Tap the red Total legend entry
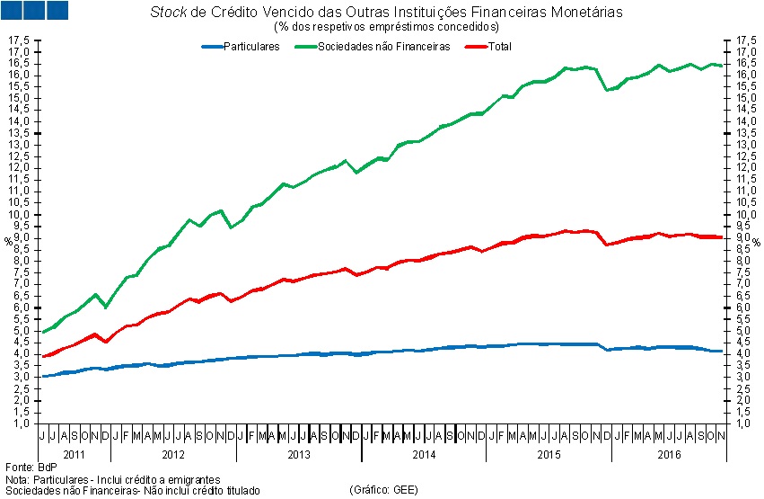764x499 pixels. click(x=498, y=47)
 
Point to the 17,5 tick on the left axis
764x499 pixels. click(x=20, y=40)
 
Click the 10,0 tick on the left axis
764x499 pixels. click(x=20, y=214)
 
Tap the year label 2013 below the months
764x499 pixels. click(x=299, y=455)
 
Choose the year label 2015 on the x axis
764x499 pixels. click(x=549, y=455)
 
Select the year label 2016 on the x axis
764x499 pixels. click(x=669, y=455)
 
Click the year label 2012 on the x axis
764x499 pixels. click(x=173, y=455)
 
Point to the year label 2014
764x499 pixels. click(x=424, y=455)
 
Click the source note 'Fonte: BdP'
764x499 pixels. click(x=31, y=468)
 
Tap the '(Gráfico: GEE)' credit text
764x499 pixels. click(x=384, y=491)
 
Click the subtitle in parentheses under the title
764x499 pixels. click(x=386, y=27)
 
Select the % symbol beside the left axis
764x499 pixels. click(x=8, y=241)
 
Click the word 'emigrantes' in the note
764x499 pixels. click(x=192, y=480)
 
